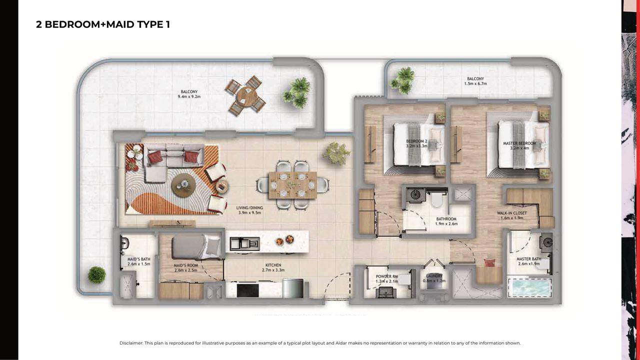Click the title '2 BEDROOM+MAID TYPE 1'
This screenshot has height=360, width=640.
(103, 24)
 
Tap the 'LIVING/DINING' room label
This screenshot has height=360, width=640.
(249, 207)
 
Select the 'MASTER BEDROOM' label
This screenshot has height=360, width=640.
(519, 143)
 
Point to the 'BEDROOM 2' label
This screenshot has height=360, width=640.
(416, 141)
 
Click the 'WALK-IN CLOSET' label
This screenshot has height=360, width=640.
(511, 213)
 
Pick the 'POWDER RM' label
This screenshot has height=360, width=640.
(387, 276)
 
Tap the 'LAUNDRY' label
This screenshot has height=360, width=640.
(434, 276)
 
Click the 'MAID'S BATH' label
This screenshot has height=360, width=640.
(138, 259)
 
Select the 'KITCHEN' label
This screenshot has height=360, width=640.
(273, 265)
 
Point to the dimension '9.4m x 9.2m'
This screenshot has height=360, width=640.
(189, 96)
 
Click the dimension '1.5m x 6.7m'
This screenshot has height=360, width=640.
(475, 83)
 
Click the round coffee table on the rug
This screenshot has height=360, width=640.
(183, 185)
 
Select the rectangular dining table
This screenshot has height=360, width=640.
(292, 185)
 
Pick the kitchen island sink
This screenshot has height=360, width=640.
(245, 243)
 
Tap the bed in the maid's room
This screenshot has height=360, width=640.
(196, 247)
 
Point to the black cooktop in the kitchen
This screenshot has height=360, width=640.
(247, 290)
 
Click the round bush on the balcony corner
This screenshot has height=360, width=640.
(96, 275)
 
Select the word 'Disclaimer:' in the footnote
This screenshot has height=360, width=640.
(131, 343)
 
